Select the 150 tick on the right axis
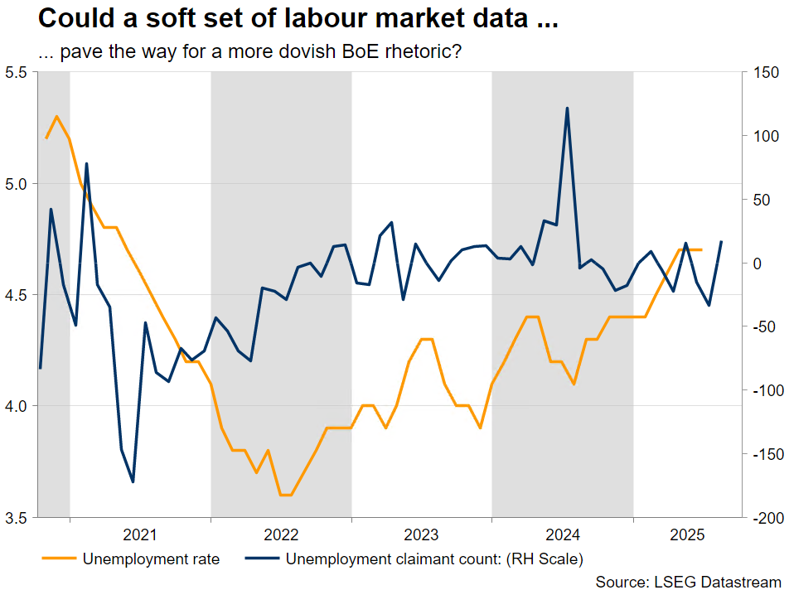[x=763, y=73]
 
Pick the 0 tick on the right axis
[x=757, y=264]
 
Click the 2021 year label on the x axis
[x=140, y=534]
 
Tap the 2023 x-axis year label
[x=422, y=534]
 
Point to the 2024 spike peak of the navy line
[x=567, y=108]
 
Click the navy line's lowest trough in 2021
[x=133, y=481]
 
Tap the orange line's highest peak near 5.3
[x=56, y=116]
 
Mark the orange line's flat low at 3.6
[x=286, y=495]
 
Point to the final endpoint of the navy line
[x=721, y=242]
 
